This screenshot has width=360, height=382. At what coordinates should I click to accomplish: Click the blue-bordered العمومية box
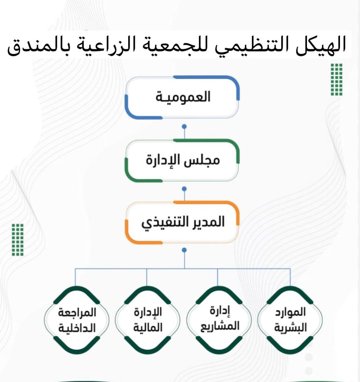[x=182, y=97]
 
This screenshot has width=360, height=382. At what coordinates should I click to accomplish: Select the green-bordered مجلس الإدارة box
[x=182, y=160]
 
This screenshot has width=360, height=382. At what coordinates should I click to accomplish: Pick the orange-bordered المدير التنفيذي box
[x=182, y=222]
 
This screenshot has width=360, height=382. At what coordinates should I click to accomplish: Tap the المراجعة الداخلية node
[x=77, y=320]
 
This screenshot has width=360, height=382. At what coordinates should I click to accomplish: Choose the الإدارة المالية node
[x=148, y=320]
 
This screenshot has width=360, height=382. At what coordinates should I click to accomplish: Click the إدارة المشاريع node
[x=219, y=320]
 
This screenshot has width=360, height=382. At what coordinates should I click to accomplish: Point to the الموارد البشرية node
[x=290, y=320]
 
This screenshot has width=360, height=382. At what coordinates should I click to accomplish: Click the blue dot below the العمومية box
[x=184, y=126]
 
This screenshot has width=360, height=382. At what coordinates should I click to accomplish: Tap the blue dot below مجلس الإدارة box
[x=184, y=189]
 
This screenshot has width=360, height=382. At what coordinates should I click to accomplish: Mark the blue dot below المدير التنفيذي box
[x=184, y=250]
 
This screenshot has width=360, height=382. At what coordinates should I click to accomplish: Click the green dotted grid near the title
[x=337, y=79]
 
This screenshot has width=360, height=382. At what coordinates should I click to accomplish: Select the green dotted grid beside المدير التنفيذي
[x=18, y=240]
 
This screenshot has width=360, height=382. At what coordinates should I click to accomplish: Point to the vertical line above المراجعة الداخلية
[x=75, y=277]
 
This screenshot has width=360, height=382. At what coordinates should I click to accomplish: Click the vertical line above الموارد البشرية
[x=290, y=277]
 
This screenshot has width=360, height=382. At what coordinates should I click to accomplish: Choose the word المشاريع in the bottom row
[x=220, y=327]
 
